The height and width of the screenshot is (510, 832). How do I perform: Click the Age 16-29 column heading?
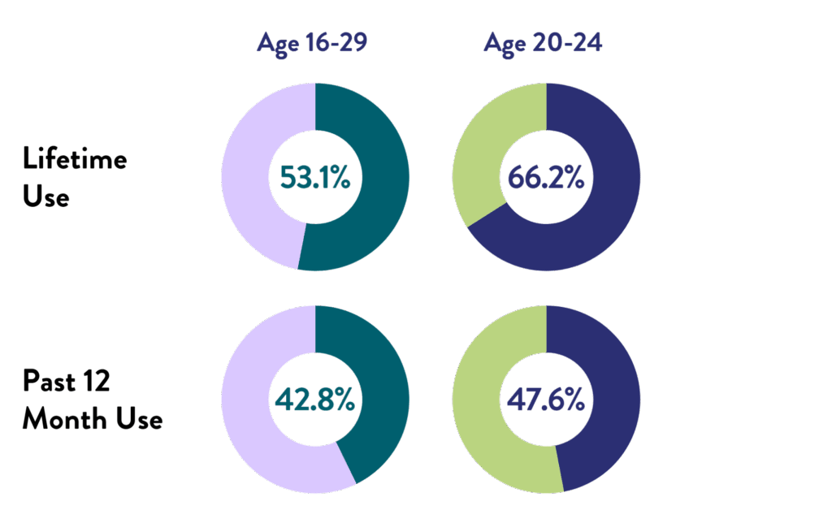(x=312, y=42)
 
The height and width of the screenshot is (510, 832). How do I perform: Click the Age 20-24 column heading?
(x=543, y=42)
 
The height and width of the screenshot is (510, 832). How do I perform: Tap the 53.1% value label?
(x=315, y=176)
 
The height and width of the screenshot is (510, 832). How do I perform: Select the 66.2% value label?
(x=546, y=176)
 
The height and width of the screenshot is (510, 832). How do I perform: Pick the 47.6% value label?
(x=546, y=399)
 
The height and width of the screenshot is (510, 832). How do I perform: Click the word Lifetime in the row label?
(x=75, y=158)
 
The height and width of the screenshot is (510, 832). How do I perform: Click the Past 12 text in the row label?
(x=66, y=382)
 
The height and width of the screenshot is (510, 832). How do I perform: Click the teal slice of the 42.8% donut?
(x=382, y=382)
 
